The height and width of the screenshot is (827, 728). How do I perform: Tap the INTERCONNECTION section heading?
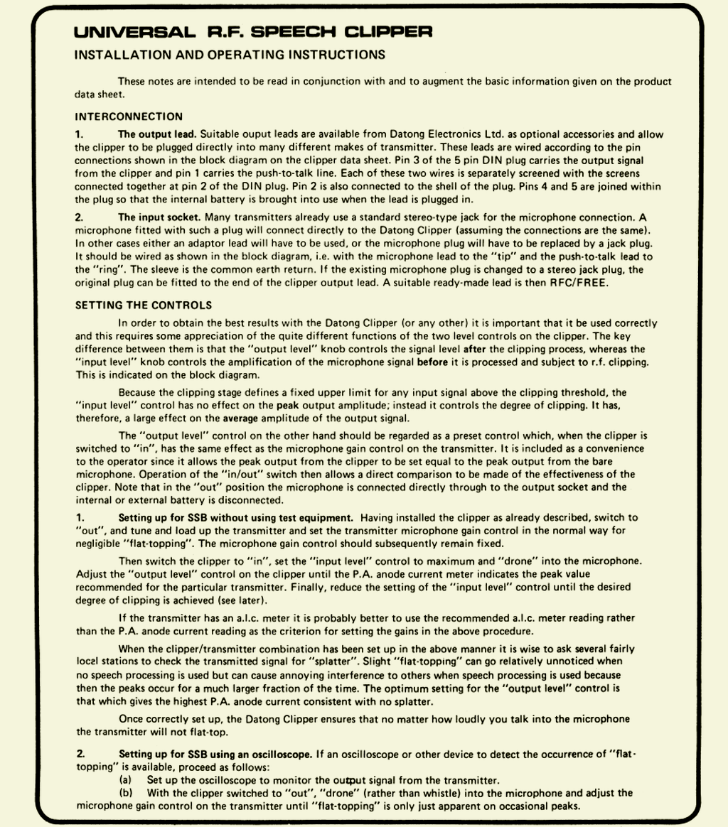coord(129,117)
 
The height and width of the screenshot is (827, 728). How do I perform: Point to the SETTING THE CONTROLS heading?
coord(143,306)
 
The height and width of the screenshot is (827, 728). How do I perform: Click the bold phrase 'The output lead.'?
coord(157,134)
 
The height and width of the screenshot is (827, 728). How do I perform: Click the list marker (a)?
coord(125,779)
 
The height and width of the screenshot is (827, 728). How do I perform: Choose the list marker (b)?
coord(126,792)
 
